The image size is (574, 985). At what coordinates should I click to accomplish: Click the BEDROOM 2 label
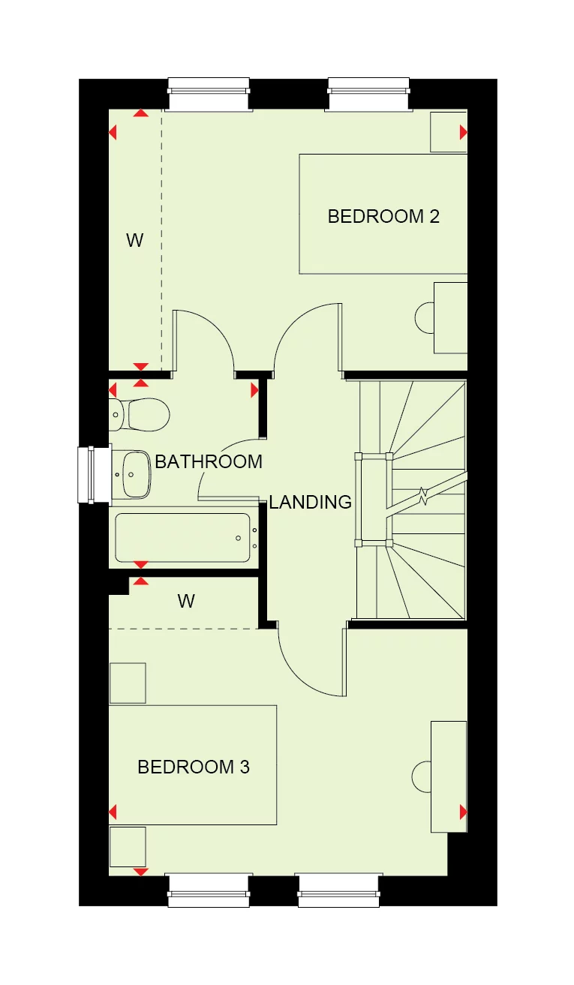click(x=383, y=217)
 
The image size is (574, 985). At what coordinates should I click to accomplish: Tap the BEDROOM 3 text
click(x=194, y=767)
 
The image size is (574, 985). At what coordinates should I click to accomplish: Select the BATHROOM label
click(x=209, y=461)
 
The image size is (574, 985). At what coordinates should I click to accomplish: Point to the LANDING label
click(x=310, y=502)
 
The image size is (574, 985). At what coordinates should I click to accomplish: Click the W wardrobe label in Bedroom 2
click(x=134, y=241)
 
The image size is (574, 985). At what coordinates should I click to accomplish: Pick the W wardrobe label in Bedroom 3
click(x=186, y=601)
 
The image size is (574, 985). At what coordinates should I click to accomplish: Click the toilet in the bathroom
click(x=143, y=414)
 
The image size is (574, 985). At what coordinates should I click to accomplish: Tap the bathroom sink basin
click(x=135, y=474)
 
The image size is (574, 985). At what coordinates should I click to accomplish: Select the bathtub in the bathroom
click(x=183, y=537)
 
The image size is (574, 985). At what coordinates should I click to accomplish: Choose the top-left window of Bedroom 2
click(x=209, y=94)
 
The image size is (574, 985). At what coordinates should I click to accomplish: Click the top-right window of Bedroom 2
click(x=368, y=94)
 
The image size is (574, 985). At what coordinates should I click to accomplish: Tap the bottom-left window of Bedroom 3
click(x=207, y=890)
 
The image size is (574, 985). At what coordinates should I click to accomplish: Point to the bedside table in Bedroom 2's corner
click(x=448, y=132)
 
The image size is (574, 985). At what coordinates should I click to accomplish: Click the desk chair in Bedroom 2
click(x=425, y=317)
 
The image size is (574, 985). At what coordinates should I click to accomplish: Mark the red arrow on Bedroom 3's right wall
click(x=463, y=812)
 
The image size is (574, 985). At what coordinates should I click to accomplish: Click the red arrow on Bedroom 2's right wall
click(x=463, y=133)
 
